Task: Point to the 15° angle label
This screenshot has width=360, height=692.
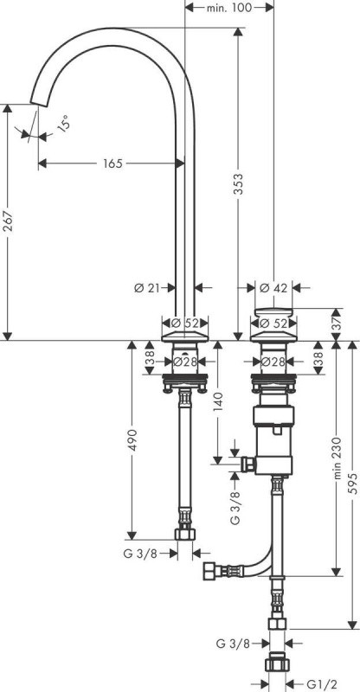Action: [63, 125]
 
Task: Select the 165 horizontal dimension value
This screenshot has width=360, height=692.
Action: [112, 163]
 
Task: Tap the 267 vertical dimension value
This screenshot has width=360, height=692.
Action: [8, 223]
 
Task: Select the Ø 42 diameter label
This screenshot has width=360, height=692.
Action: [274, 287]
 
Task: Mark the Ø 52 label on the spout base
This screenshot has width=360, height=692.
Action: [187, 324]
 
